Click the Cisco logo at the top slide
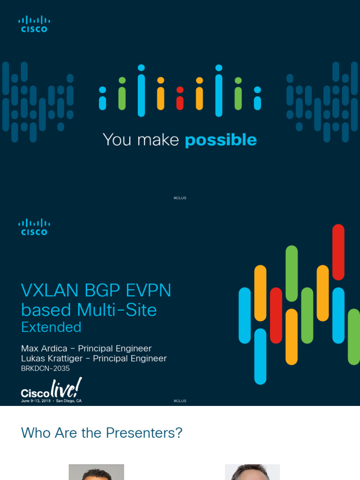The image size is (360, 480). tap(34, 24)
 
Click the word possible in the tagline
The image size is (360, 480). tap(221, 140)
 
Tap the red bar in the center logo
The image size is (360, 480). tap(180, 98)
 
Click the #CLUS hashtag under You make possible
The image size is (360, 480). tap(180, 198)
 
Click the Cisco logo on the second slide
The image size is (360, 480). tap(34, 227)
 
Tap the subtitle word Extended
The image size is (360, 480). tap(51, 327)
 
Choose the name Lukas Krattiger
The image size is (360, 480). tap(52, 359)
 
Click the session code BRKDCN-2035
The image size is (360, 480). tap(45, 368)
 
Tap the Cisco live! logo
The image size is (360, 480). tap(52, 389)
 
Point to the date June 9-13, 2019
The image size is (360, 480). tap(36, 401)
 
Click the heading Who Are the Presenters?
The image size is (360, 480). tap(102, 433)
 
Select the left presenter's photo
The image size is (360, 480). tap(96, 472)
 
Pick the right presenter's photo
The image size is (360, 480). tap(252, 472)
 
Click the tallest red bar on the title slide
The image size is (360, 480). tap(338, 252)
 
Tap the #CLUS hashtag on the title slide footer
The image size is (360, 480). tap(180, 401)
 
